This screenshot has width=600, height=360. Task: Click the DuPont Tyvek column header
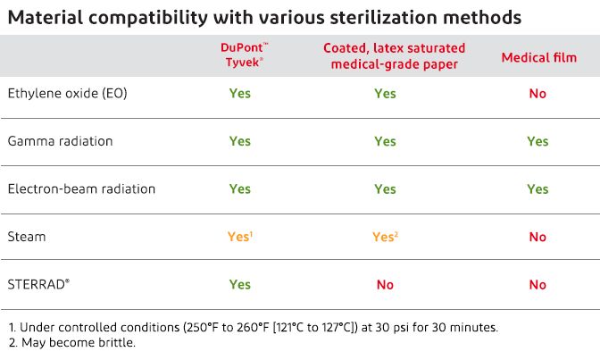tap(239, 54)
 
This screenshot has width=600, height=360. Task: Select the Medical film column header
tap(538, 57)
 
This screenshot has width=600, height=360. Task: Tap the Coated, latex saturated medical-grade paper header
tap(385, 54)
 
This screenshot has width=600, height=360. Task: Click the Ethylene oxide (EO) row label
tap(67, 93)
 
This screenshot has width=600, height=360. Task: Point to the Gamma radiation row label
tap(60, 141)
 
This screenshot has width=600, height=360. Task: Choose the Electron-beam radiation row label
tap(81, 188)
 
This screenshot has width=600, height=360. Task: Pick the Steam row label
tap(26, 237)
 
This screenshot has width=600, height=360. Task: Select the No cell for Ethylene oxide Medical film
tap(537, 93)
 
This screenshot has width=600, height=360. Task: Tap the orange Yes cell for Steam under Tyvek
tap(239, 237)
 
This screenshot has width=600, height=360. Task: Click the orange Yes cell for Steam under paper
tap(385, 237)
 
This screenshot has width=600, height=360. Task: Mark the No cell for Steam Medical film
tap(537, 237)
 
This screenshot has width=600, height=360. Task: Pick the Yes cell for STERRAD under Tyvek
tap(239, 284)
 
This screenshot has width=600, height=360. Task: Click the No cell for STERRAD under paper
tap(385, 284)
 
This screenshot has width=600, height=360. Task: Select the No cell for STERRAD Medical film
tap(537, 284)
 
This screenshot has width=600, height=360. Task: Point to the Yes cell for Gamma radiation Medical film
tap(537, 141)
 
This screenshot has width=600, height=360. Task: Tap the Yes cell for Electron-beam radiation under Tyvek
tap(239, 188)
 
